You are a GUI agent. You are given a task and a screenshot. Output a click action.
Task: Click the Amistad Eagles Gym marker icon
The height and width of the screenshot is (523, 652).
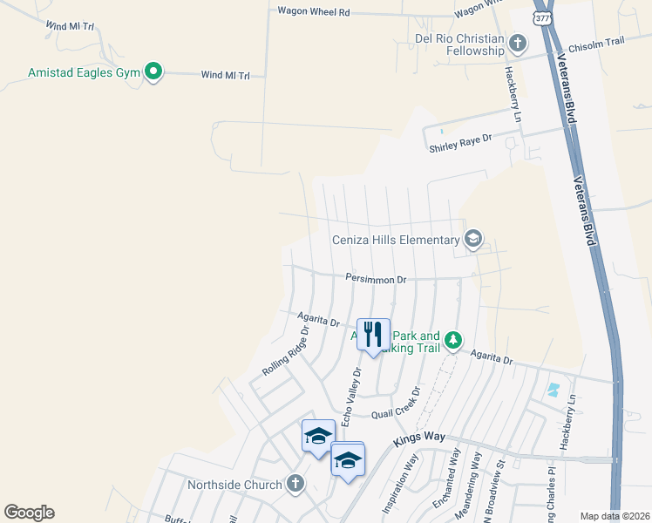pyautogui.click(x=153, y=71)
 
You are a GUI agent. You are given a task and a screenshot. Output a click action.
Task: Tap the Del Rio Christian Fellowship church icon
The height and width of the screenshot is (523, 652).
pyautogui.click(x=517, y=42)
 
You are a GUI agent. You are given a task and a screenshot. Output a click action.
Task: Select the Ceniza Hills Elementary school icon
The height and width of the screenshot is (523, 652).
pyautogui.click(x=473, y=240)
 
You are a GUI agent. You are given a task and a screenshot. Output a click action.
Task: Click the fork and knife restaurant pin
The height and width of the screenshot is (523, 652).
pyautogui.click(x=373, y=335)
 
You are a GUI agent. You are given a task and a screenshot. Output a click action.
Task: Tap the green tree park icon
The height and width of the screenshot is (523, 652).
pyautogui.click(x=452, y=339)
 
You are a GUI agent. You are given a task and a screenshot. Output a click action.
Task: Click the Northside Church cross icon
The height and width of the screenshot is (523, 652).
pyautogui.click(x=295, y=484)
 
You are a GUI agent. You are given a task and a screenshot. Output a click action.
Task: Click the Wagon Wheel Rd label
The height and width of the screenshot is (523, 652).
pyautogui.click(x=313, y=12)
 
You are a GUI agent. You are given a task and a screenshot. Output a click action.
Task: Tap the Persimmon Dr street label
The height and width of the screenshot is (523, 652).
pyautogui.click(x=376, y=280)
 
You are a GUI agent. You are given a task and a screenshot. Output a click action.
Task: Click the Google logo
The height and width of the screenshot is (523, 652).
pyautogui.click(x=29, y=513)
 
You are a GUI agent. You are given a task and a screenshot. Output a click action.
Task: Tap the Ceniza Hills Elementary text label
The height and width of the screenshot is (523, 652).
pyautogui.click(x=396, y=240)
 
